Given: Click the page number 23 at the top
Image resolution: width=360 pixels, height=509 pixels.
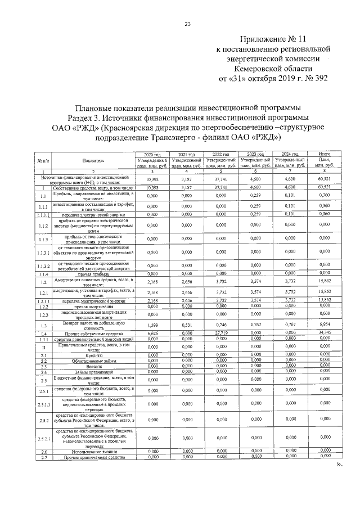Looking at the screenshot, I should (x=188, y=23).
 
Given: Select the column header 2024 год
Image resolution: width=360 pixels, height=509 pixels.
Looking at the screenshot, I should (x=290, y=154).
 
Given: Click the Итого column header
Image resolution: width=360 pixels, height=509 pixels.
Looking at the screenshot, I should (x=324, y=154).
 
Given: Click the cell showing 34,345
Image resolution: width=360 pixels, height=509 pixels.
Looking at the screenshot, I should (x=324, y=334).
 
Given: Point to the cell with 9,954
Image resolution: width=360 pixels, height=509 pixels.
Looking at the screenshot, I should (x=324, y=324).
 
